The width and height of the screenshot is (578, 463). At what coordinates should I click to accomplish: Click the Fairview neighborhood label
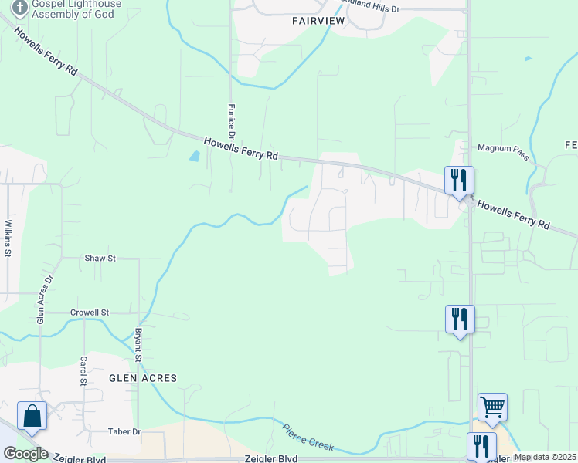pos(318,21)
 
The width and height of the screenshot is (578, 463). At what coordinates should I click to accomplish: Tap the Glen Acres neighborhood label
pos(143,378)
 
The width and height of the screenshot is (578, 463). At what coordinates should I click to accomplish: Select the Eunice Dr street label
pos(230,120)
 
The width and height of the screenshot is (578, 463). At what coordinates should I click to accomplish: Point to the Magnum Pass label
pos(503,147)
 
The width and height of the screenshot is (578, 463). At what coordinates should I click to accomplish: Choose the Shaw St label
pos(100,259)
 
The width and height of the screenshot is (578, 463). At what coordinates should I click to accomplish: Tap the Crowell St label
pos(90,313)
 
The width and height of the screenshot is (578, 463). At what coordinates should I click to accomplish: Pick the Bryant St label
pos(140,344)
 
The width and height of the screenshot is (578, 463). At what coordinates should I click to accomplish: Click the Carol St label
pos(83,371)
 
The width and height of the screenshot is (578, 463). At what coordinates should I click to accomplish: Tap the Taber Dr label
pos(125,431)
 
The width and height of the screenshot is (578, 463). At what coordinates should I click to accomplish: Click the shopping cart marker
pos(492,406)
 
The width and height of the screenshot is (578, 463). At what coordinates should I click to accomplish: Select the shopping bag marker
pos(32,415)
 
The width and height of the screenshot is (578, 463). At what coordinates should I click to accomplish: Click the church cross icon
pos(19,7)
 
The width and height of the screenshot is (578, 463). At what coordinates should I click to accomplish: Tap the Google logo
pos(25,454)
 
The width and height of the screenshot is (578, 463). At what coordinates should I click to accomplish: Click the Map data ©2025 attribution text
pos(544,457)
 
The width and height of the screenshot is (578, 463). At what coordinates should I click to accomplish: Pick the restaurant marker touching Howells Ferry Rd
pos(459,181)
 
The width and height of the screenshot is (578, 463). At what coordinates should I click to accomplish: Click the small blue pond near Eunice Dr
pos(194,157)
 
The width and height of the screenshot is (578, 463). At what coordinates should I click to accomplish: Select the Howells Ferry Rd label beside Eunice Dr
pos(240,148)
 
